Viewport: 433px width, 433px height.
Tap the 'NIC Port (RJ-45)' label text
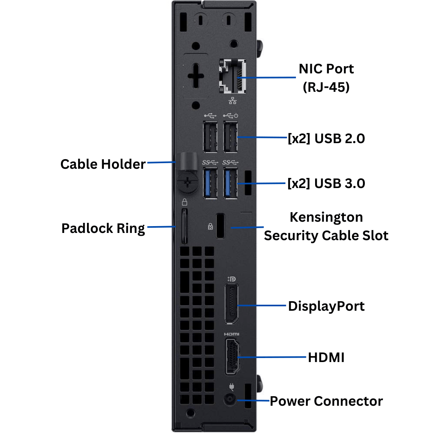[x=326, y=78]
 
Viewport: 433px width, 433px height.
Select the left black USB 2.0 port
[x=210, y=137]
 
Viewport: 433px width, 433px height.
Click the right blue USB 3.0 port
[x=230, y=183]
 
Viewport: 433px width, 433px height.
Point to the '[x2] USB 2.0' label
[x=326, y=139]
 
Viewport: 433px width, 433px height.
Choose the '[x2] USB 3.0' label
[x=326, y=184]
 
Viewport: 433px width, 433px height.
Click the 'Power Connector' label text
[x=326, y=401]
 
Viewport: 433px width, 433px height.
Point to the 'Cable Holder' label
[x=103, y=164]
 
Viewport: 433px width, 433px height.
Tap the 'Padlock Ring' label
[x=103, y=228]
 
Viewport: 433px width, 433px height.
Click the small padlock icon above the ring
[x=185, y=202]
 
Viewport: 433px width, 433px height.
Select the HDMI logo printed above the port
[x=231, y=334]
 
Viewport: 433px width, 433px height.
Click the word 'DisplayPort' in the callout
[x=326, y=306]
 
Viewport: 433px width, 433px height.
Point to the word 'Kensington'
[x=326, y=217]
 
